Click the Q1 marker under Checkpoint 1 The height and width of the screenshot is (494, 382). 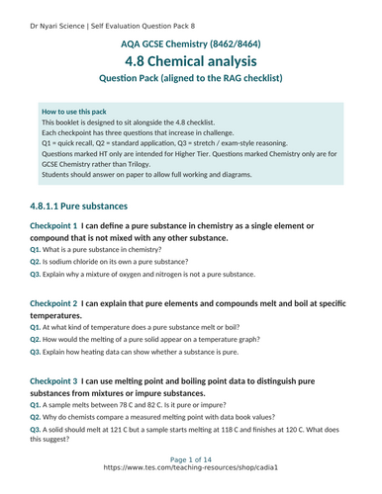point(36,250)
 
